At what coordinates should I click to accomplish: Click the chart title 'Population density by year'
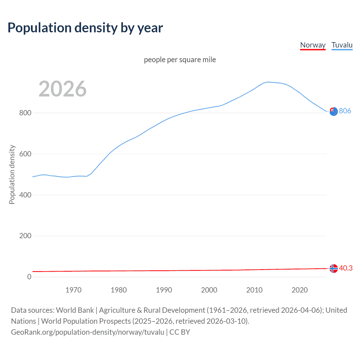tap(85, 28)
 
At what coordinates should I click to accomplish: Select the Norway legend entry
tap(313, 45)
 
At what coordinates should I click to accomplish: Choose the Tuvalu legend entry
tap(342, 45)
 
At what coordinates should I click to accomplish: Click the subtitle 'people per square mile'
tap(180, 60)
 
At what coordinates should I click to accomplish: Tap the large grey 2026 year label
tap(62, 89)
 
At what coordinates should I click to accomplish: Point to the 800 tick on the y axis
tap(25, 113)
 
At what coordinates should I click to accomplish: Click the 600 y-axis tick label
tap(25, 154)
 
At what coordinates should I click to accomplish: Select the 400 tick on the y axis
tap(25, 195)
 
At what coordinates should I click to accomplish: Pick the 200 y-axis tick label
tap(25, 236)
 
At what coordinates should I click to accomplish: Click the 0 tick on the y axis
tap(29, 277)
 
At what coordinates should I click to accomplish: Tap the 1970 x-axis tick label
tap(73, 290)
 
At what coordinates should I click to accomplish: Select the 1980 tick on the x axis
tap(119, 290)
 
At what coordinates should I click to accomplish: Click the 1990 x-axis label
tap(164, 290)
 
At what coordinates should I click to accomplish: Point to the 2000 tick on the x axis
tap(209, 290)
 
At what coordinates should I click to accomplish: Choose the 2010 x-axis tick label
tap(255, 290)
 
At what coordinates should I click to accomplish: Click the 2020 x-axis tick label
tap(300, 290)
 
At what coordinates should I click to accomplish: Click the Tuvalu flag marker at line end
tap(334, 112)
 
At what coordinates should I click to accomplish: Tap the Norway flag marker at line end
tap(334, 269)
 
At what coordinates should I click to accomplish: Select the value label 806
tap(345, 111)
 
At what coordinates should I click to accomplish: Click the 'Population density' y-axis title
tap(12, 174)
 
